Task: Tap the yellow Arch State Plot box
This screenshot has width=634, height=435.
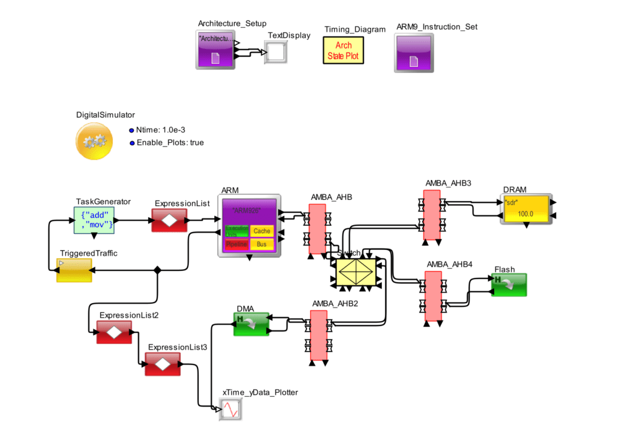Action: [343, 51]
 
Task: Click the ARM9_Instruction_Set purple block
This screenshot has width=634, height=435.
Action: [414, 53]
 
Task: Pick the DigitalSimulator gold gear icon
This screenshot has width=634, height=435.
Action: [94, 141]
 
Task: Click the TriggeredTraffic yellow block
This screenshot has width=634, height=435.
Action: [74, 270]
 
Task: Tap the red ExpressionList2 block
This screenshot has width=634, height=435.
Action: [114, 332]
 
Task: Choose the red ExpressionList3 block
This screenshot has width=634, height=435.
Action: [162, 364]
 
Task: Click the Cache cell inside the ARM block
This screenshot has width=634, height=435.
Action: [262, 231]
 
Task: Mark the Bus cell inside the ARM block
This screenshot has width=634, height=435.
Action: [262, 244]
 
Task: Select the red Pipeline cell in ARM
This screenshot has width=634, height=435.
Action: [237, 244]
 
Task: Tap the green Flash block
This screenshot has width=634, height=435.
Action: [509, 285]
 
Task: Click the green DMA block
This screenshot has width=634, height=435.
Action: [251, 324]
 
